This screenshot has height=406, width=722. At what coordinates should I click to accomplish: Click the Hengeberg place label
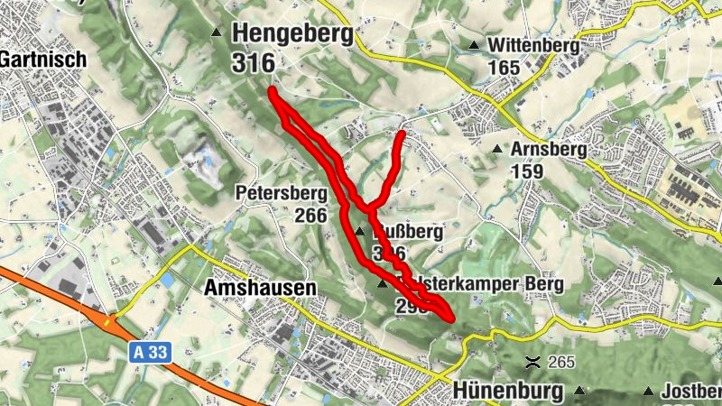click(x=293, y=33)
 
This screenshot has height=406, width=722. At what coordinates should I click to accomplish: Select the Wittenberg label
click(x=532, y=45)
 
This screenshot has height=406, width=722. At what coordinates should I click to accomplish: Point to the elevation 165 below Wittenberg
click(x=504, y=67)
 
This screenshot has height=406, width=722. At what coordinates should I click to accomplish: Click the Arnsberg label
click(x=549, y=149)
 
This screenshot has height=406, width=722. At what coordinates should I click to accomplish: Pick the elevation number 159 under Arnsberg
click(x=527, y=171)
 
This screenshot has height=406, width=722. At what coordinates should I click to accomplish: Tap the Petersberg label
click(x=280, y=193)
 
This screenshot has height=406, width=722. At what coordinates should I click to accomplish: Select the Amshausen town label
click(x=261, y=287)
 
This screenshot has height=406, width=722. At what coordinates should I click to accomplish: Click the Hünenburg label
click(x=509, y=391)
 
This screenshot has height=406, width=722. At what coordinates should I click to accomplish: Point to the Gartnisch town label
click(x=43, y=59)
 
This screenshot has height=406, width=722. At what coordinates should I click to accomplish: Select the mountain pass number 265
click(x=560, y=363)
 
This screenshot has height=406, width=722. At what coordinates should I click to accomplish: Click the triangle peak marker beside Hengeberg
click(x=216, y=33)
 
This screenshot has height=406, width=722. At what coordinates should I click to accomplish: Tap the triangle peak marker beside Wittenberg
click(x=474, y=45)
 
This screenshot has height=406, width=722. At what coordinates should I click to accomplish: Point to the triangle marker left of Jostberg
click(x=648, y=391)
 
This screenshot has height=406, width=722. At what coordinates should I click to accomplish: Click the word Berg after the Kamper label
click(x=544, y=284)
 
